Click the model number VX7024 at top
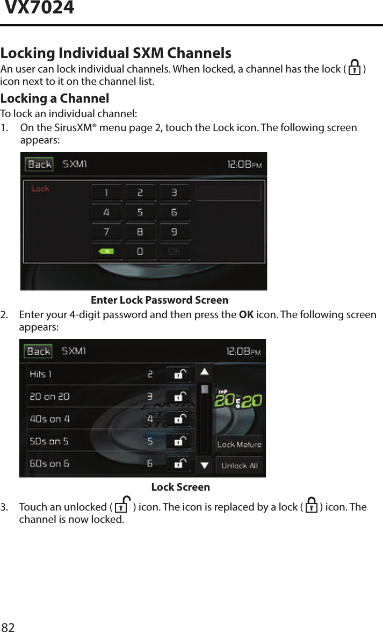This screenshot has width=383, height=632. coord(39,8)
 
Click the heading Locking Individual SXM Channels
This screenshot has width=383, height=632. coord(115,53)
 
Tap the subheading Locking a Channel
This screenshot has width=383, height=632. coord(54,98)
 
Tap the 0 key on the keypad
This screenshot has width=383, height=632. coord(140,251)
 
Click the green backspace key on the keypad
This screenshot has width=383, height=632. coord(106,251)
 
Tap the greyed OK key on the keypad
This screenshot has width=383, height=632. coord(174,251)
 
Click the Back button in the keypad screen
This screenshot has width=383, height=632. coord(39,164)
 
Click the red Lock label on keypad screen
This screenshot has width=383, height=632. coord(40,189)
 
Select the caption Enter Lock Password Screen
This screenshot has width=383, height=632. coord(160,300)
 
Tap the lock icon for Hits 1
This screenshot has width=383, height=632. coord(180,374)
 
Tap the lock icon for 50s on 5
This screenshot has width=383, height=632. coord(180,441)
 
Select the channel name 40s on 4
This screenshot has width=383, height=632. coord(49,419)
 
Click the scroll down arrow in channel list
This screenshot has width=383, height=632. coord(204,465)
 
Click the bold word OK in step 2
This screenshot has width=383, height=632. coord(246,314)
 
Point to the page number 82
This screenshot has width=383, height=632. coord(9,627)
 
